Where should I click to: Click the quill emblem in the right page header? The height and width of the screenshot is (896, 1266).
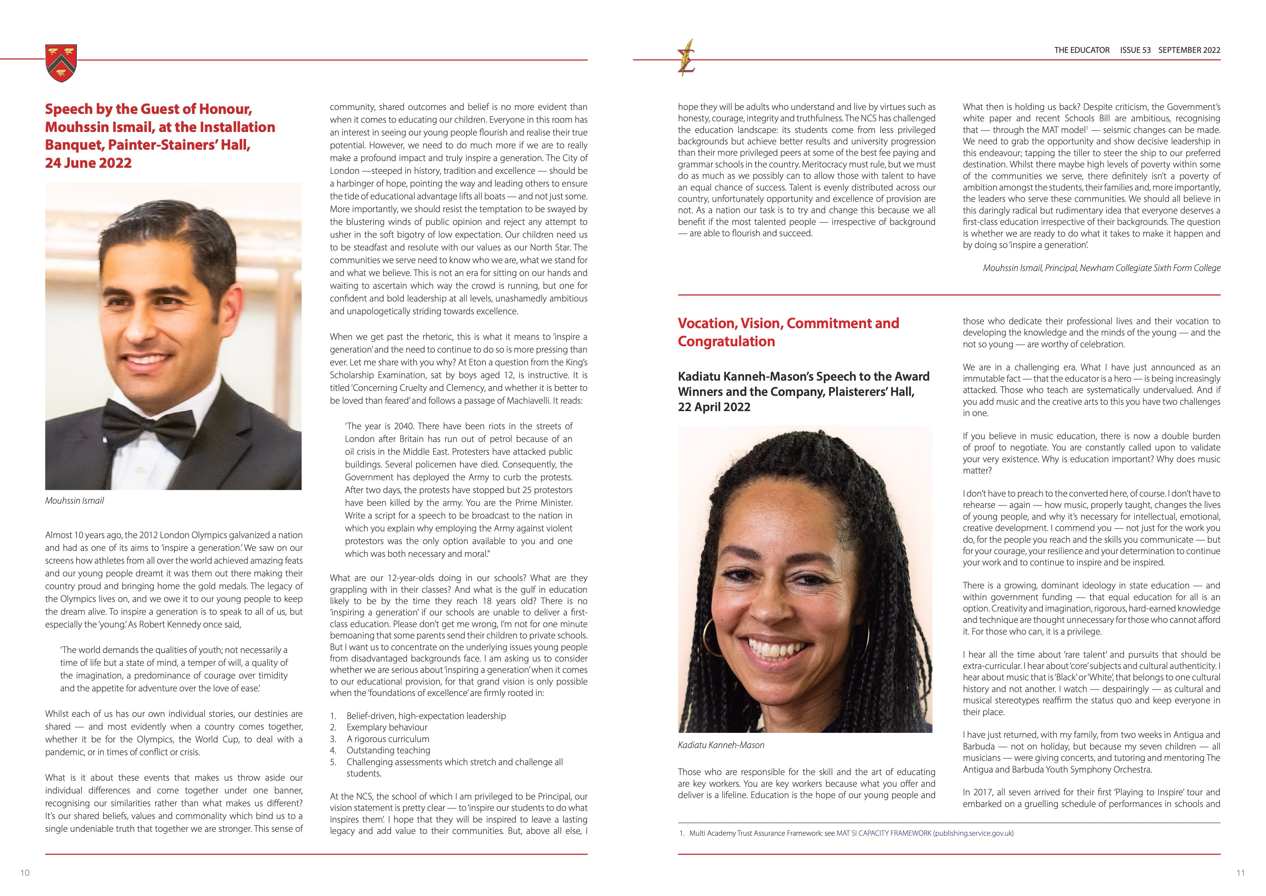coord(687,58)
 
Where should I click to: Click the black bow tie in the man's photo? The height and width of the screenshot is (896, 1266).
coord(149,425)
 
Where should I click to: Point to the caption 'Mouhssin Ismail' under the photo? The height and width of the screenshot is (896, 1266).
coord(74,501)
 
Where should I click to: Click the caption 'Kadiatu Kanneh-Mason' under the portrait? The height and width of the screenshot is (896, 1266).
coord(721,745)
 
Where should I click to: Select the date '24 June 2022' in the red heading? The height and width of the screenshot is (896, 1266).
coord(88,163)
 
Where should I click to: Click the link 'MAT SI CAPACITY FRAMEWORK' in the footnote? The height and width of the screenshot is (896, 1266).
coord(883,834)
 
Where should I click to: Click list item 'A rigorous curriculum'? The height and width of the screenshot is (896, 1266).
coord(388,739)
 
